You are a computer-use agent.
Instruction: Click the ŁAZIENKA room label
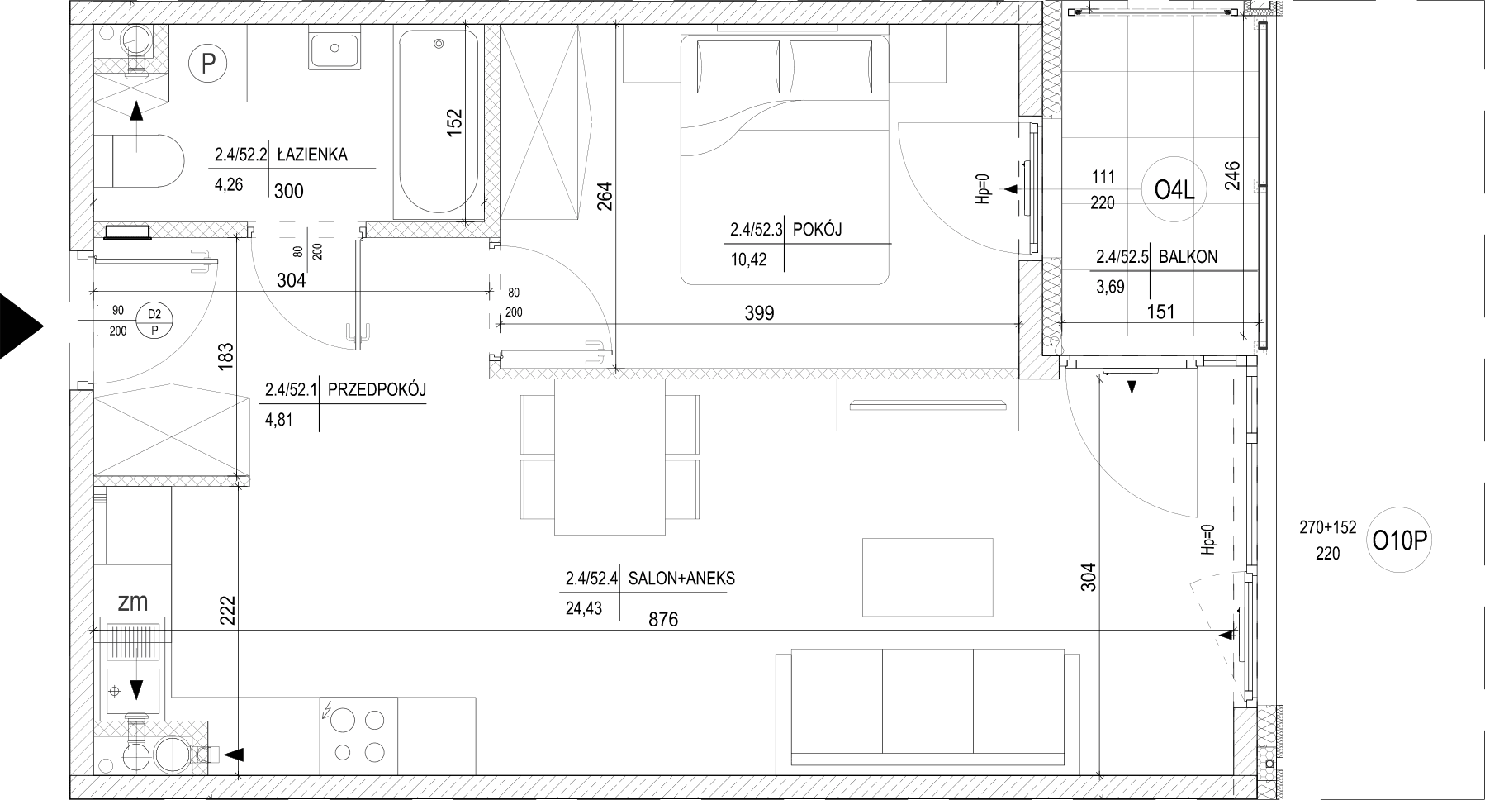[x=312, y=154]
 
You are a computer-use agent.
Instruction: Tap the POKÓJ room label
[x=817, y=230]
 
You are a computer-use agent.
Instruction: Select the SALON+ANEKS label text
[x=681, y=579]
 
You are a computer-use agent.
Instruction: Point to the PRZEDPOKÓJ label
[x=377, y=389]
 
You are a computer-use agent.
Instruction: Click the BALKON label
[x=1188, y=256]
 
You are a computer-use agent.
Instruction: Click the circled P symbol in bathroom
[x=208, y=64]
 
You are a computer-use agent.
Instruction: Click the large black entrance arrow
[x=21, y=326]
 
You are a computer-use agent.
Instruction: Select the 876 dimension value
[x=663, y=619]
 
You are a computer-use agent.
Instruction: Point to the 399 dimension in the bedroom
[x=759, y=313]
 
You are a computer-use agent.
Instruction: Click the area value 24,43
[x=584, y=609]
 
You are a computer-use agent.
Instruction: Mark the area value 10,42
[x=748, y=260]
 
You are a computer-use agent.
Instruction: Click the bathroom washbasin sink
[x=335, y=49]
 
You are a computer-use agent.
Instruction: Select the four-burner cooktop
[x=358, y=736]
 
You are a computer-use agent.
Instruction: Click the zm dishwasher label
[x=133, y=602]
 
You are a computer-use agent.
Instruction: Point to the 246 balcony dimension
[x=1233, y=175]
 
